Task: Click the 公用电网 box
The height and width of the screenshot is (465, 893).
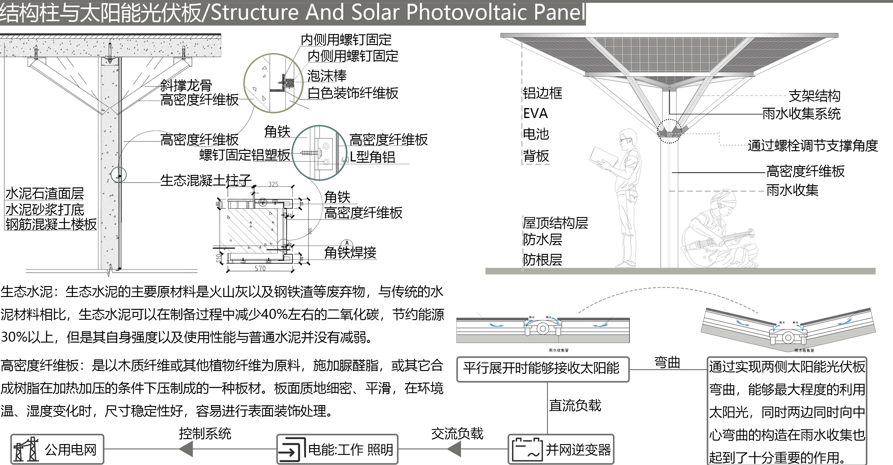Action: click(57, 449)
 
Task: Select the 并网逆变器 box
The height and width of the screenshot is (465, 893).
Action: click(561, 449)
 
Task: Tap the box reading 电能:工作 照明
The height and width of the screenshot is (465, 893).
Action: click(337, 449)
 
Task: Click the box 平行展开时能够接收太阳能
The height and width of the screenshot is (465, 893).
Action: click(543, 369)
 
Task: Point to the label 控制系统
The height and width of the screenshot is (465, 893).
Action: click(205, 433)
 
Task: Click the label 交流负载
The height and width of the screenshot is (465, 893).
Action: click(457, 433)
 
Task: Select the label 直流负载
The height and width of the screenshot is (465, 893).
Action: click(575, 405)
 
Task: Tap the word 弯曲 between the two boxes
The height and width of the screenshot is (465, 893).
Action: click(667, 363)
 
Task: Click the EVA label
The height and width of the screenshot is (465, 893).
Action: click(535, 114)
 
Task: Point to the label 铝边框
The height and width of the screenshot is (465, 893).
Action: click(542, 93)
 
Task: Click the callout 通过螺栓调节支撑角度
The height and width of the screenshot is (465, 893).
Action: click(813, 146)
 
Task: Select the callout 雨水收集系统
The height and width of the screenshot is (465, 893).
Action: click(801, 114)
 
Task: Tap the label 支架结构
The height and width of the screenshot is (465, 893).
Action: click(814, 96)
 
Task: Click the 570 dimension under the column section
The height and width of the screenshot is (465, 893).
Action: click(260, 268)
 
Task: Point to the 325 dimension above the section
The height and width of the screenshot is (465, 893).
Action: click(273, 184)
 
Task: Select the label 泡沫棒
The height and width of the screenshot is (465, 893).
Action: click(327, 76)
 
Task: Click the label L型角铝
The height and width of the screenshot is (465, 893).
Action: click(372, 157)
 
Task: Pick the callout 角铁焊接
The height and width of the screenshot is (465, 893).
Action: click(350, 252)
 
